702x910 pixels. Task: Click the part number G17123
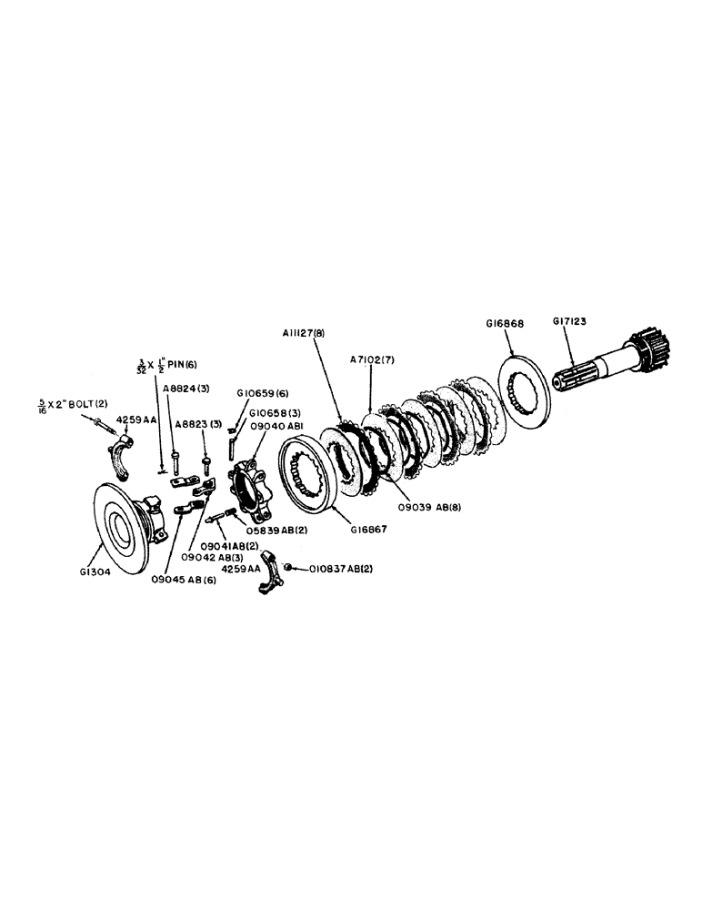(x=572, y=321)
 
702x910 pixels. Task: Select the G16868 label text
(x=506, y=322)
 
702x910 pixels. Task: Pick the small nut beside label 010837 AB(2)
(x=286, y=568)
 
